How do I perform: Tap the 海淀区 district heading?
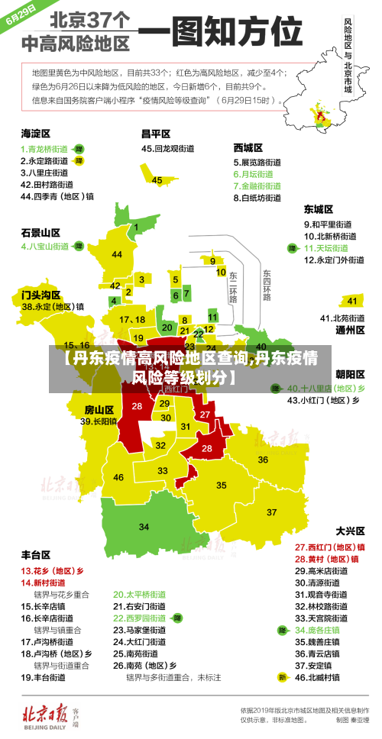(x=36, y=133)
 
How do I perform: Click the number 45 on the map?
(x=157, y=180)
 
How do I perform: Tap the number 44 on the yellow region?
(x=117, y=254)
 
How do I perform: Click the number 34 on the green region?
(x=144, y=526)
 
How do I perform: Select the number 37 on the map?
(x=272, y=512)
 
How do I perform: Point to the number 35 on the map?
(x=222, y=485)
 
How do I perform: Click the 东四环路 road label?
(x=267, y=285)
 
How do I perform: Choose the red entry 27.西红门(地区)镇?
(x=329, y=547)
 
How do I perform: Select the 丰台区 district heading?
(x=36, y=554)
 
